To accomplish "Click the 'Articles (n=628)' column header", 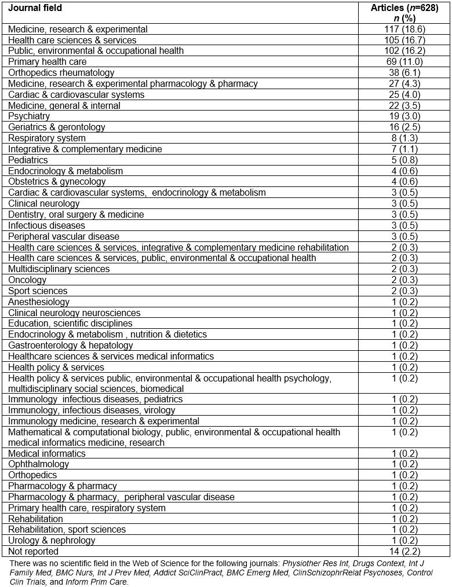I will [x=404, y=8].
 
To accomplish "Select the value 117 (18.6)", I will [x=404, y=29].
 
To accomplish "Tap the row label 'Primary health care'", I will [x=48, y=61].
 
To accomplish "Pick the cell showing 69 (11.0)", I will [x=404, y=61].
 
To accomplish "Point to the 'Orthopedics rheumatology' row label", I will [x=61, y=72].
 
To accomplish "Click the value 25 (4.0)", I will [x=404, y=94].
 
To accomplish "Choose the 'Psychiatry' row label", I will [x=29, y=116].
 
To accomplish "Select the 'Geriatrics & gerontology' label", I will [x=57, y=127].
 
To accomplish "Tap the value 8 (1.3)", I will [x=404, y=138].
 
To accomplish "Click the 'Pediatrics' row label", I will [x=28, y=160].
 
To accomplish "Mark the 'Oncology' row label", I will [x=27, y=280].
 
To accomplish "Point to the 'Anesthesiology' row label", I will [x=39, y=302].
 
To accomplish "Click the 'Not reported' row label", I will [x=33, y=551].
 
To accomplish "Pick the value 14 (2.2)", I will [x=404, y=551].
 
